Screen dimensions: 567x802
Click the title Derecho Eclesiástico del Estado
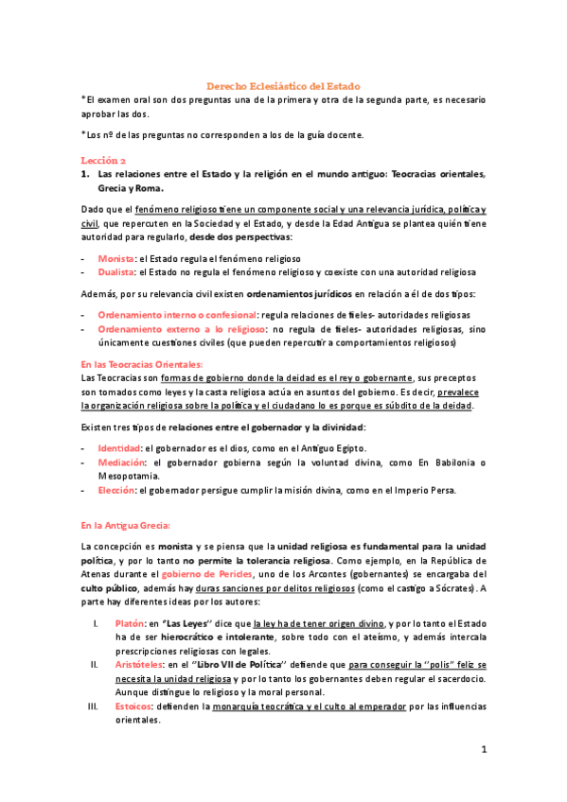(284, 86)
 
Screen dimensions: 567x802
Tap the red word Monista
(115, 257)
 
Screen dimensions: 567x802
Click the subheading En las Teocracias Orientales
(141, 364)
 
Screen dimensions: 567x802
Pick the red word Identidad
(119, 447)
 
